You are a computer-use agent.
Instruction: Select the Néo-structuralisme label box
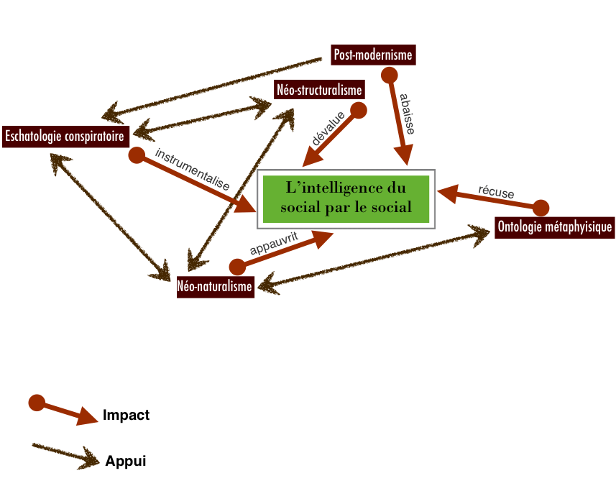tap(318, 90)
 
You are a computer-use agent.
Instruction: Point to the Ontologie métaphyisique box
tap(555, 228)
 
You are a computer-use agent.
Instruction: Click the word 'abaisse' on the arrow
tap(407, 114)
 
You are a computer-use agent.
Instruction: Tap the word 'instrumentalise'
tap(192, 170)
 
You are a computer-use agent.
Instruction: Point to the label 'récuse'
tap(496, 192)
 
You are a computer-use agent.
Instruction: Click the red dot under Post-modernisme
tap(389, 75)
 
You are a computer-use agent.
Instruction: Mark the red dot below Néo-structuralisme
tap(358, 110)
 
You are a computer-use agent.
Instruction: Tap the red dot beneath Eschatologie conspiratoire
tap(136, 155)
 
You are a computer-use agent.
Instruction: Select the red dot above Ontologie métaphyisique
tap(541, 208)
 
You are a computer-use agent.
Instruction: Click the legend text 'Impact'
tap(126, 415)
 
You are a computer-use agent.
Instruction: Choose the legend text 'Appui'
tap(125, 461)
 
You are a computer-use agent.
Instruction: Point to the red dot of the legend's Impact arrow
tap(36, 402)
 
